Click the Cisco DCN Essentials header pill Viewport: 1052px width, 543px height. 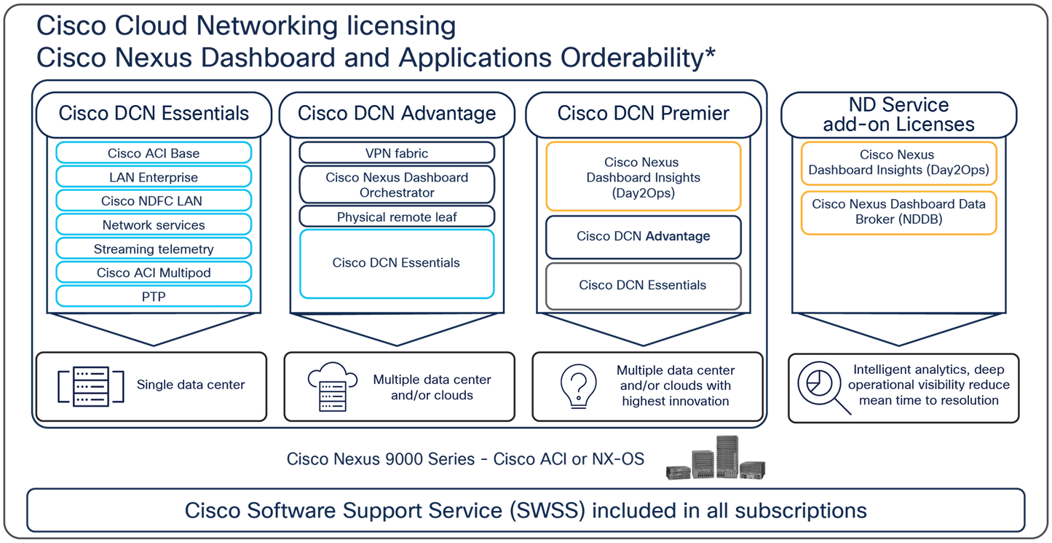(154, 113)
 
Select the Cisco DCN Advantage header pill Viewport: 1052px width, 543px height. (397, 113)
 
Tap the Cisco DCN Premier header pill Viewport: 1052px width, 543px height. (643, 113)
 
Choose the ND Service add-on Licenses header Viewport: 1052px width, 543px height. (898, 114)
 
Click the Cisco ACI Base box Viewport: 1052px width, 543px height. (154, 152)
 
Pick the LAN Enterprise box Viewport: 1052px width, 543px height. (154, 176)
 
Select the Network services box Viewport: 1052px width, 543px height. (154, 224)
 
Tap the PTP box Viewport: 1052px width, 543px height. (154, 296)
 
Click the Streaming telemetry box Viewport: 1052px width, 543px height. (154, 249)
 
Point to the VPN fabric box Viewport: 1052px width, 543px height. (397, 153)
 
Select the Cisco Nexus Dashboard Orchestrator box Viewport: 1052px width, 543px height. (397, 184)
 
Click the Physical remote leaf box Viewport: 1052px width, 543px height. (397, 216)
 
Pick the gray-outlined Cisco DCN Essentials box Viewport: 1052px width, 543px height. (642, 284)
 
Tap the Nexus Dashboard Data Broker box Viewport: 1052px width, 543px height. (898, 212)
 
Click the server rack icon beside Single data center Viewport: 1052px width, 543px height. (82, 386)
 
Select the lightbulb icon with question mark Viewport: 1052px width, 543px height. (578, 386)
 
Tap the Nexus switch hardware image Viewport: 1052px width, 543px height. (715, 460)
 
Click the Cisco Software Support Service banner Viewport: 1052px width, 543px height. (525, 509)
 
